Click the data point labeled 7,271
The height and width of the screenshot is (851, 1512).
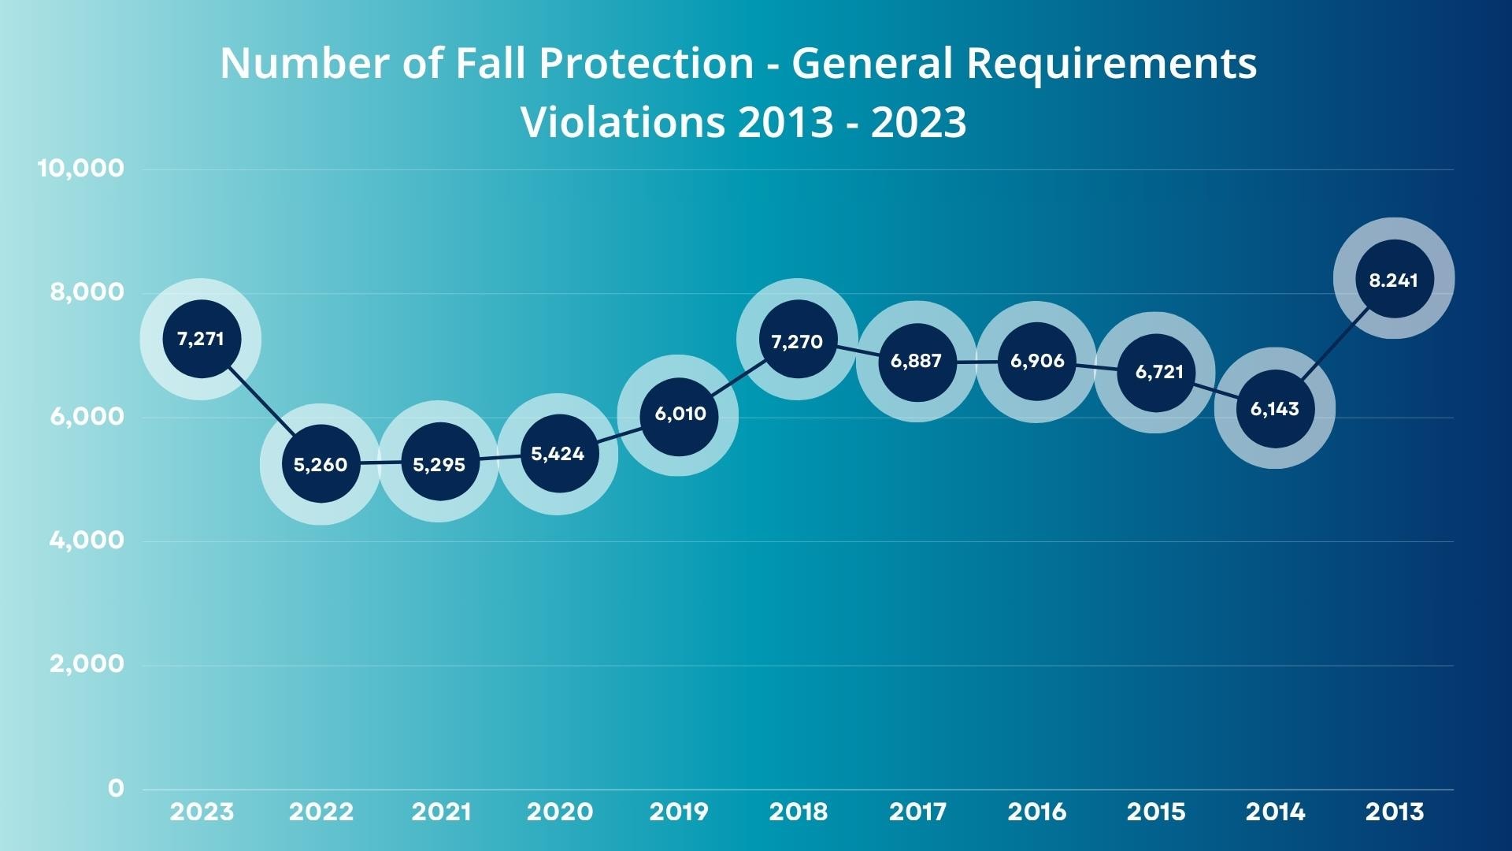[x=201, y=339]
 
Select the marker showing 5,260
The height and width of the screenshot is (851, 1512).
[x=321, y=464]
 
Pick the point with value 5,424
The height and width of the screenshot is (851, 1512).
[x=558, y=454]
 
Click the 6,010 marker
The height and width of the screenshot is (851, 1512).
[x=679, y=415]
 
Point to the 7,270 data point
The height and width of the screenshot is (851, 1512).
[x=797, y=340]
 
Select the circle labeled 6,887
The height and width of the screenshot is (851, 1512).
[x=917, y=362]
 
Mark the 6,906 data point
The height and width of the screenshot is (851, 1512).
[x=1036, y=362]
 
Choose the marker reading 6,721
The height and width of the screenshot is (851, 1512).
[x=1156, y=373]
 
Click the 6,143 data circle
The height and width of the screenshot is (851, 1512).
[x=1275, y=409]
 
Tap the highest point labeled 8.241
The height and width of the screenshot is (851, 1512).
[x=1394, y=279]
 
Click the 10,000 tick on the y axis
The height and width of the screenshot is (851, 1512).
[x=81, y=168]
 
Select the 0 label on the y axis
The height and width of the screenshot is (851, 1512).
[x=116, y=788]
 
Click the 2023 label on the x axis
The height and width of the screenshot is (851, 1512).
[x=202, y=812]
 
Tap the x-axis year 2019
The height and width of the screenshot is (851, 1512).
[x=679, y=812]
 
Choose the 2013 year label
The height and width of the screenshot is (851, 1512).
[x=1394, y=812]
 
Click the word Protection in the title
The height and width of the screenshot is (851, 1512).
[x=647, y=63]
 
